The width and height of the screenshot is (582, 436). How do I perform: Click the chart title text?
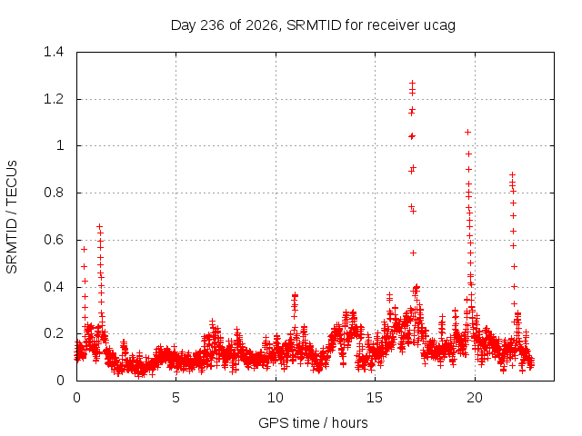tap(313, 25)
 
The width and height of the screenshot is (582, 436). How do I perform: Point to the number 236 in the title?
tap(212, 25)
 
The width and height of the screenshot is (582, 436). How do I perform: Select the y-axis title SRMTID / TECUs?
tap(12, 217)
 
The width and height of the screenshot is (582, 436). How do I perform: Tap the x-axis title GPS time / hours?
tap(313, 423)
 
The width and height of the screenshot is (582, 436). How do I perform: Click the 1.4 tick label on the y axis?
tap(54, 52)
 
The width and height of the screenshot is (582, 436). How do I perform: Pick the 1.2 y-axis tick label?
tap(54, 99)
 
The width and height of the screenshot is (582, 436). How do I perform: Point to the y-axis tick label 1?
tap(60, 145)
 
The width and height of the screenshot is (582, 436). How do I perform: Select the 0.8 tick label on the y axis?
tap(54, 193)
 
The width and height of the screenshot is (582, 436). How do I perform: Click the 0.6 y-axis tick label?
tap(54, 240)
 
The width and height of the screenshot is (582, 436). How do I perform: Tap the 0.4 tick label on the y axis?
tap(54, 287)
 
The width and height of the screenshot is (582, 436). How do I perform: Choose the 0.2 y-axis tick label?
tap(54, 333)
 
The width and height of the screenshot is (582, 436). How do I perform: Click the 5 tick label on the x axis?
tap(176, 398)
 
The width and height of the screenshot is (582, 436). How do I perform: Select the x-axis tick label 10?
tap(276, 398)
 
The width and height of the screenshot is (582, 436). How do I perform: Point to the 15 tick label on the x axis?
tap(375, 398)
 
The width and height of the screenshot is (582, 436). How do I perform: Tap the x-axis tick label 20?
tap(475, 398)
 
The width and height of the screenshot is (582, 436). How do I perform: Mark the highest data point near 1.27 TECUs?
tap(412, 83)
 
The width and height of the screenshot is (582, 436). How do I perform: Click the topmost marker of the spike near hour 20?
tap(467, 132)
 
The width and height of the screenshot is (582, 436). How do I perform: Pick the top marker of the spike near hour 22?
tap(512, 174)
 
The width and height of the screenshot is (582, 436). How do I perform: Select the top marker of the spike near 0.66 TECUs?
tap(99, 226)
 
